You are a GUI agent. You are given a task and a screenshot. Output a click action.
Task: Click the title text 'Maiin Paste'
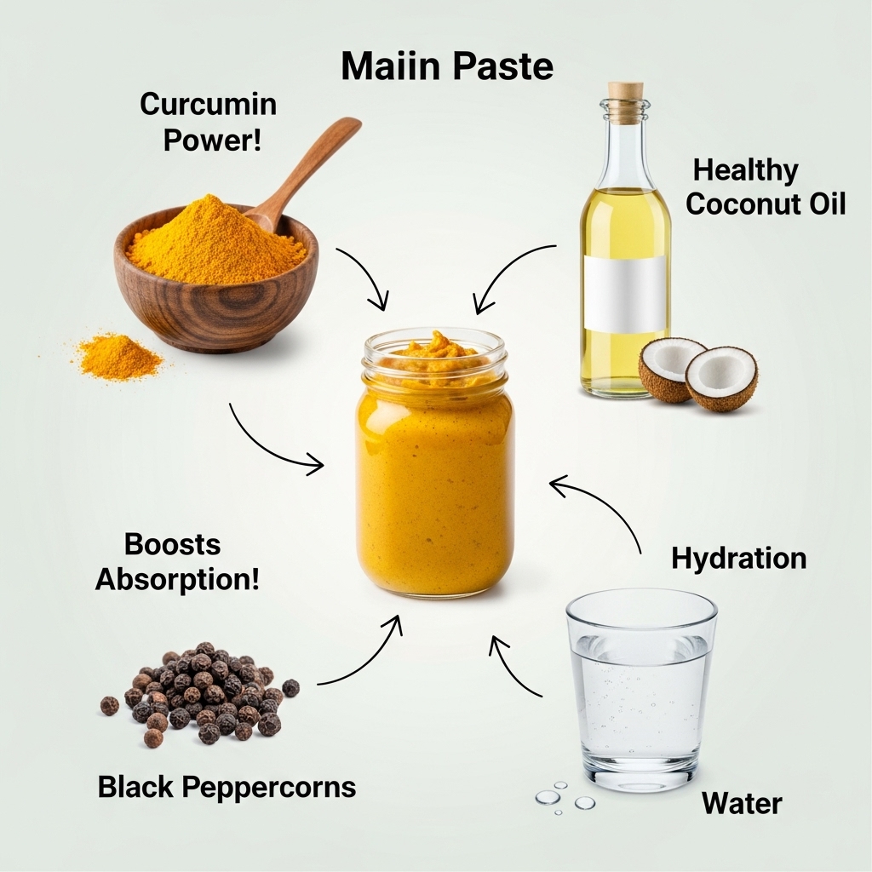(x=447, y=66)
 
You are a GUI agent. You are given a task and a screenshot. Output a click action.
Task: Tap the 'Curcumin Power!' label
(x=209, y=122)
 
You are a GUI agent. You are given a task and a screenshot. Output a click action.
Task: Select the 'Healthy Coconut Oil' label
(x=766, y=186)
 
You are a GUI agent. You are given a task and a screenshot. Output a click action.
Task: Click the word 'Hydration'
(x=738, y=559)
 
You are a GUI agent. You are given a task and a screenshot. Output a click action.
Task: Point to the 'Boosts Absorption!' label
(x=177, y=562)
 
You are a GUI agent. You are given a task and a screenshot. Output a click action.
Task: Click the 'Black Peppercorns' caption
(x=227, y=788)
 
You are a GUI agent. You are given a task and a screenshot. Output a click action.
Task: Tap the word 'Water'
(x=742, y=804)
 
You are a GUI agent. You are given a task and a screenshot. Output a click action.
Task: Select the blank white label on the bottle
(x=625, y=294)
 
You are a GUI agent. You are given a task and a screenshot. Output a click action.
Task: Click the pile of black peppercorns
(x=199, y=692)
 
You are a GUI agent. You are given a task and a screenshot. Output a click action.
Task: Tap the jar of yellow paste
(x=434, y=463)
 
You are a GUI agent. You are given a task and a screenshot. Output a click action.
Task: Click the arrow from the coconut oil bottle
(x=503, y=267)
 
